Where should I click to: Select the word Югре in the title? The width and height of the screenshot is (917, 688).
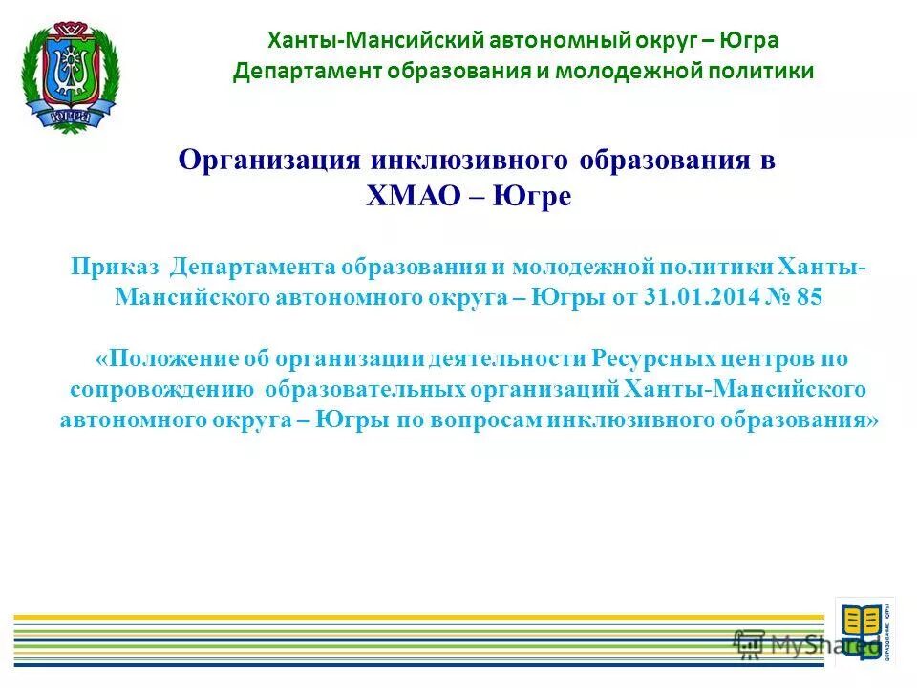[x=536, y=196]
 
